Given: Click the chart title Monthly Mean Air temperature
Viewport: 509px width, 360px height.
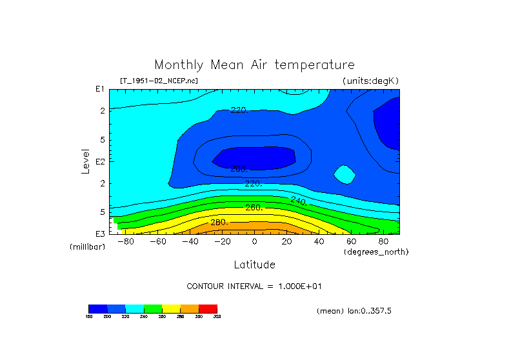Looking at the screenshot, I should [x=254, y=65].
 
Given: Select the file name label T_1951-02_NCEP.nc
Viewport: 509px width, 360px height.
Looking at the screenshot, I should [x=159, y=81].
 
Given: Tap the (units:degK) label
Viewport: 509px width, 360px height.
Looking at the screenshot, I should [x=371, y=81].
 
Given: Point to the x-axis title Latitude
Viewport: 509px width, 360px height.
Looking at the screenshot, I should [x=254, y=265].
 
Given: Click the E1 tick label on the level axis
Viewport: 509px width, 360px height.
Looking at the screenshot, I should [x=100, y=90].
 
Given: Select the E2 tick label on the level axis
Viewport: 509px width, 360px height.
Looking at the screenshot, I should [x=100, y=161].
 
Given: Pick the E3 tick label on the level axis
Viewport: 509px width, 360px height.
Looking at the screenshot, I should [x=100, y=233].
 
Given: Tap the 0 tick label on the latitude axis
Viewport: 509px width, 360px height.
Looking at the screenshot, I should [x=254, y=241].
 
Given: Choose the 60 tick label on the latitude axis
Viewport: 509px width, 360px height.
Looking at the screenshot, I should [x=351, y=241].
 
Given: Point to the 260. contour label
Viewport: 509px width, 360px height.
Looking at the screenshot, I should [x=254, y=208].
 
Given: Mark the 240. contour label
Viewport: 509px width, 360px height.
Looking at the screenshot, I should [x=298, y=201].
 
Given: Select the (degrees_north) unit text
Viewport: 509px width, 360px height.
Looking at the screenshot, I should [x=375, y=251].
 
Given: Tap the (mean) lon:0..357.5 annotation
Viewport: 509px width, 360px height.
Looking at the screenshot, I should [x=354, y=311].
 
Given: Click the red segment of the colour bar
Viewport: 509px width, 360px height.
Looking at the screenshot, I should [x=208, y=308].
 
